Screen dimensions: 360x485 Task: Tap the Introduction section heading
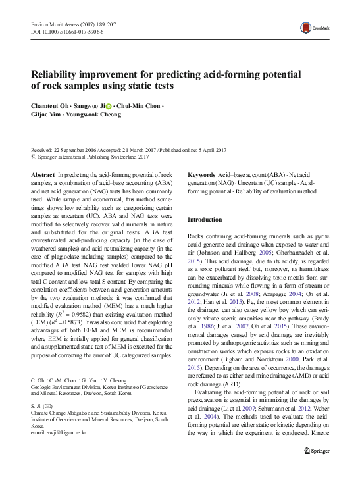tap(205, 219)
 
